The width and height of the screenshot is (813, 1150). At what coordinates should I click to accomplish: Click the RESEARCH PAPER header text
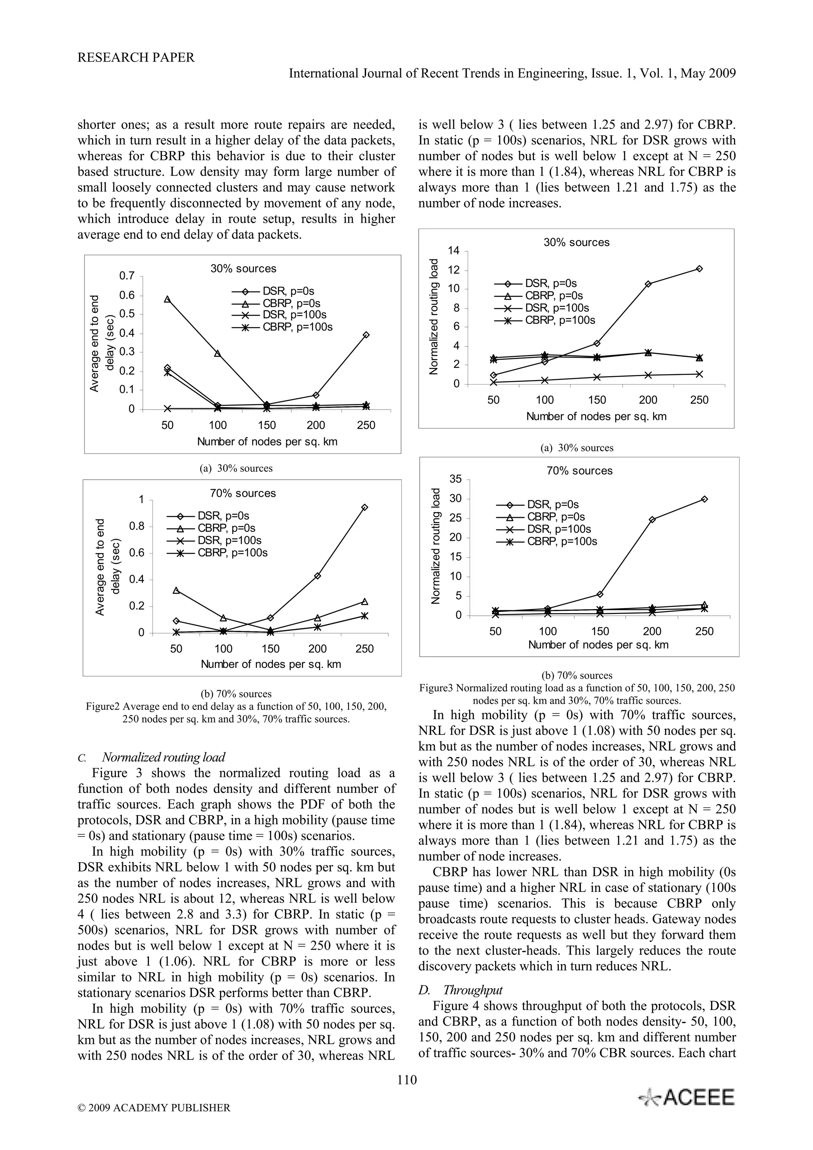[x=136, y=58]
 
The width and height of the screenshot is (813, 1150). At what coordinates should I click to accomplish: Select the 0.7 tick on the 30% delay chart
[x=127, y=276]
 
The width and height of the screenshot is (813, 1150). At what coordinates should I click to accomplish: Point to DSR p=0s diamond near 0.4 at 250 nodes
[x=366, y=335]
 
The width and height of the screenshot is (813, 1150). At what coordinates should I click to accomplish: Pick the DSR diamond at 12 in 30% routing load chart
[x=699, y=269]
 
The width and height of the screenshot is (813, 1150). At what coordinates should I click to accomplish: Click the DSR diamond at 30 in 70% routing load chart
[x=704, y=499]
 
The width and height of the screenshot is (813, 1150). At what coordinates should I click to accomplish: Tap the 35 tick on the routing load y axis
[x=455, y=479]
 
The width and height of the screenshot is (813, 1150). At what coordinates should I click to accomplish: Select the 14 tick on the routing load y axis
[x=453, y=250]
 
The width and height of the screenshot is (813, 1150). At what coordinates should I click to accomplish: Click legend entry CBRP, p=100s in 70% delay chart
[x=233, y=553]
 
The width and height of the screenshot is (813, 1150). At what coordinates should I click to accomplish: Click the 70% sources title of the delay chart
[x=243, y=493]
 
